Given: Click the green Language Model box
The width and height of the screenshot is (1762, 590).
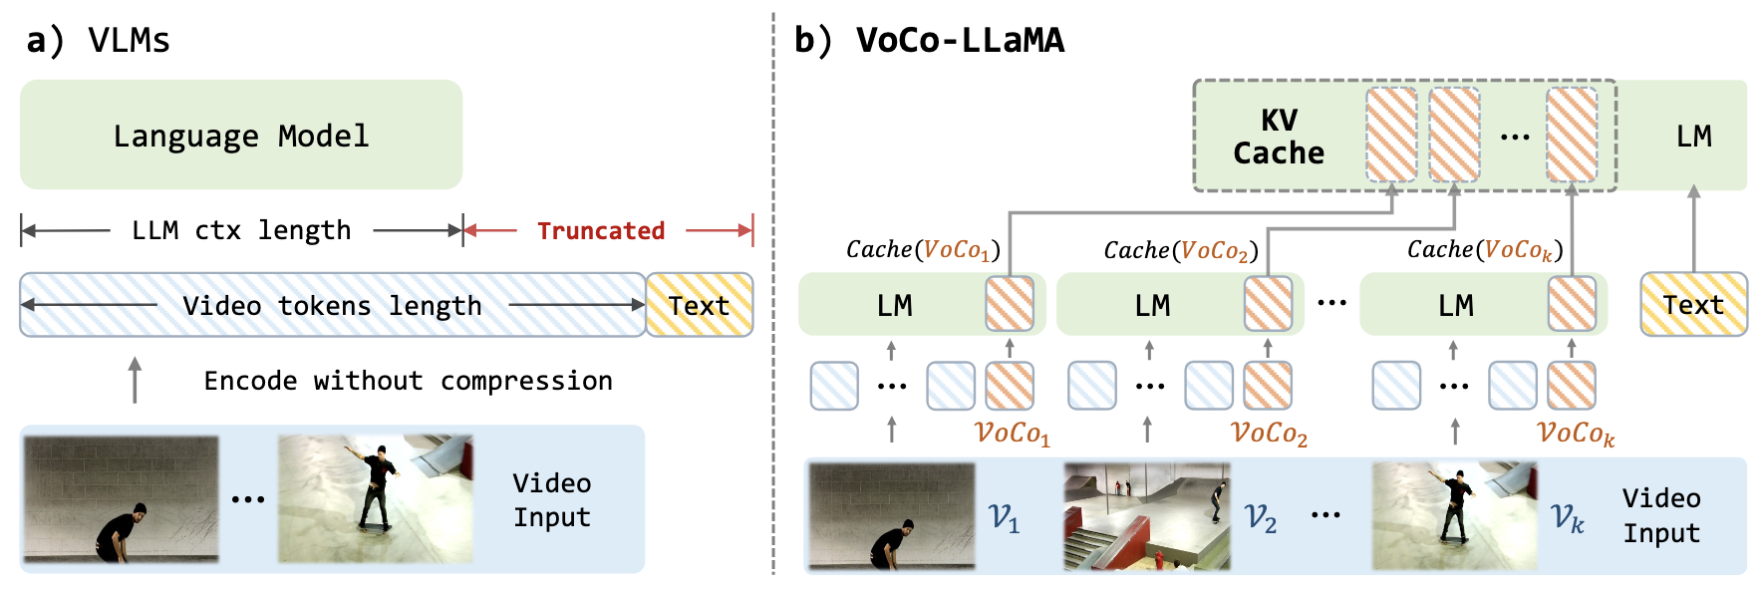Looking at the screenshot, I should coord(241,135).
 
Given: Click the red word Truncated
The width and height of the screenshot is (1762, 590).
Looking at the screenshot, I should coord(601,231).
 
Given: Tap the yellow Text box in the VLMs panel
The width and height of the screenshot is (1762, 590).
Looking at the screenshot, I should coord(700,305).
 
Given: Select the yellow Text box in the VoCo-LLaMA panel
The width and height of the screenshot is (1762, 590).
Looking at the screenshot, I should coord(1693,304).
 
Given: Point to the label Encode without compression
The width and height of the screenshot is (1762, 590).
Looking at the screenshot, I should coord(408,381).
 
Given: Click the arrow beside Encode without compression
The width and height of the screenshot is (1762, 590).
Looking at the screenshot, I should coord(136,380).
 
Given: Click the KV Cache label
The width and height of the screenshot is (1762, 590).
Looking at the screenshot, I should coord(1279,137).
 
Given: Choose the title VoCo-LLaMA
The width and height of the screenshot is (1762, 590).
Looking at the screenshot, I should coord(960,40).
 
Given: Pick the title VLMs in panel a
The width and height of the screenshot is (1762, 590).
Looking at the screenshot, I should coord(129,40).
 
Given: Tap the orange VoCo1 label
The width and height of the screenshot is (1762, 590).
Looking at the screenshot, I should coord(1012,433).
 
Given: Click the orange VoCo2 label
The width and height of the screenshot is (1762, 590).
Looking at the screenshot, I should coord(1269,433).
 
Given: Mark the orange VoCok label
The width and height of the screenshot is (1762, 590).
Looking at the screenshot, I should coord(1575,433).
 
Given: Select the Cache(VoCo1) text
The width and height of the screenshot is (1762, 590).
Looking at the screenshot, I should coord(923,249).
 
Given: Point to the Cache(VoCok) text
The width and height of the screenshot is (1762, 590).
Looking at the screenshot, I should coord(1484,249).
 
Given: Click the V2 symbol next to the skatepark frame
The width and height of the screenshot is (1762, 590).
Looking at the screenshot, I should coord(1261,517).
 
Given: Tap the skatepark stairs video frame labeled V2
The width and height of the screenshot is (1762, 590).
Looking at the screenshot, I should coord(1146,515).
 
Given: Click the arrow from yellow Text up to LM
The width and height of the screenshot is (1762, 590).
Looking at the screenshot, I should coord(1693,229).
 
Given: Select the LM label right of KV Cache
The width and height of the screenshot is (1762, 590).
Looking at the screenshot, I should coord(1693,137).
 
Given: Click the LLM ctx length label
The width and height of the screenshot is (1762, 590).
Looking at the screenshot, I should coord(241,230).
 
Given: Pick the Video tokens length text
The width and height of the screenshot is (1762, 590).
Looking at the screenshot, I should coord(332,305).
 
